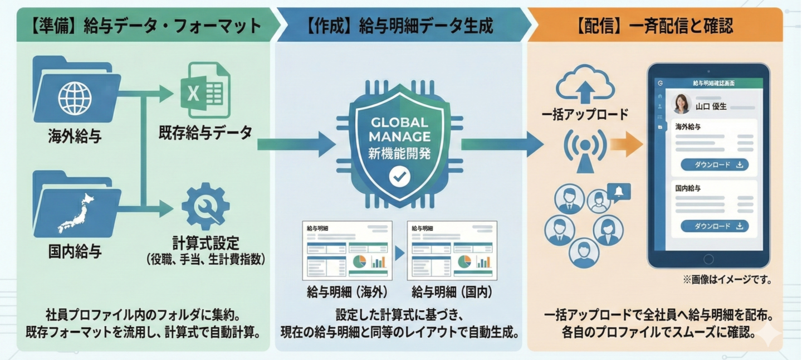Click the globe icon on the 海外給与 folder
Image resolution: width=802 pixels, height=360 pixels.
(75, 99)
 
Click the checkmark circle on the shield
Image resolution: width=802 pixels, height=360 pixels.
(399, 177)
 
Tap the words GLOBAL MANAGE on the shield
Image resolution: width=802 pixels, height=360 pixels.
(399, 129)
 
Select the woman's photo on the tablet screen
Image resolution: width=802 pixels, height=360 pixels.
(682, 104)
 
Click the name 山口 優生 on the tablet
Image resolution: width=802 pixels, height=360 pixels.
(711, 106)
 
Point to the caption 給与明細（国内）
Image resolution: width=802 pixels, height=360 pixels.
(452, 292)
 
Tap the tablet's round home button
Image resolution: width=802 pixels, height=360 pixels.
(708, 259)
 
